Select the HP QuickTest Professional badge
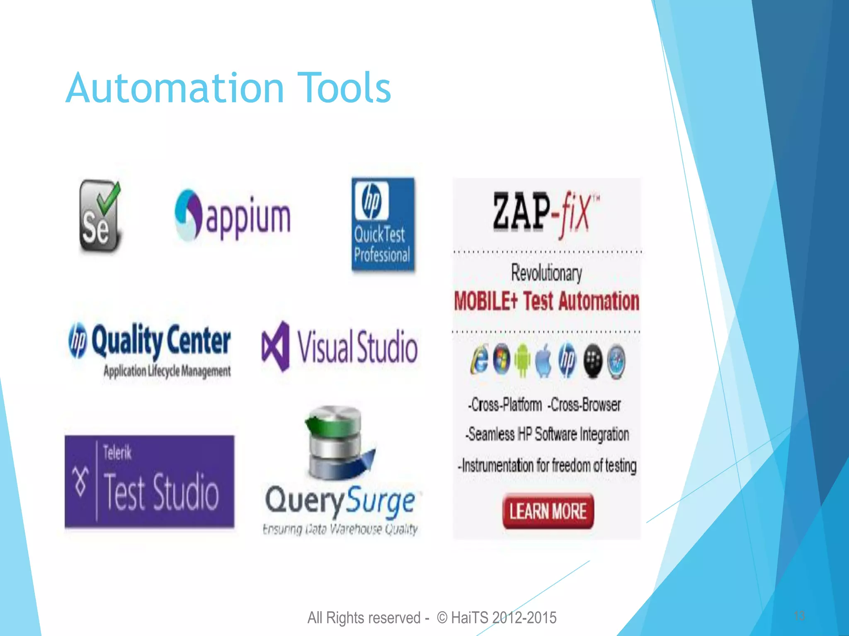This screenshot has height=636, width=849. [x=383, y=224]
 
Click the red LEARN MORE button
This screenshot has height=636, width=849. [x=548, y=511]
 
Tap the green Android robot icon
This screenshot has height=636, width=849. [x=522, y=360]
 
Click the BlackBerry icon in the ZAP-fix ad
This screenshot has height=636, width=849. [x=593, y=360]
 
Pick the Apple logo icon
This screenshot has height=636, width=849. [x=544, y=361]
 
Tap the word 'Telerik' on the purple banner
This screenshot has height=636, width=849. [x=117, y=453]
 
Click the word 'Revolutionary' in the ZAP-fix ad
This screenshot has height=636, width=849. [x=546, y=273]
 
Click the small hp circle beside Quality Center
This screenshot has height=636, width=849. [x=78, y=340]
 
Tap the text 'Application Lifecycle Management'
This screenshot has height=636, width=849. [x=167, y=371]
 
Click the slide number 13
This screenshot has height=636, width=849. [x=799, y=616]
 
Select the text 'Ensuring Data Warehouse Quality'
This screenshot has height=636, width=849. [x=340, y=529]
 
